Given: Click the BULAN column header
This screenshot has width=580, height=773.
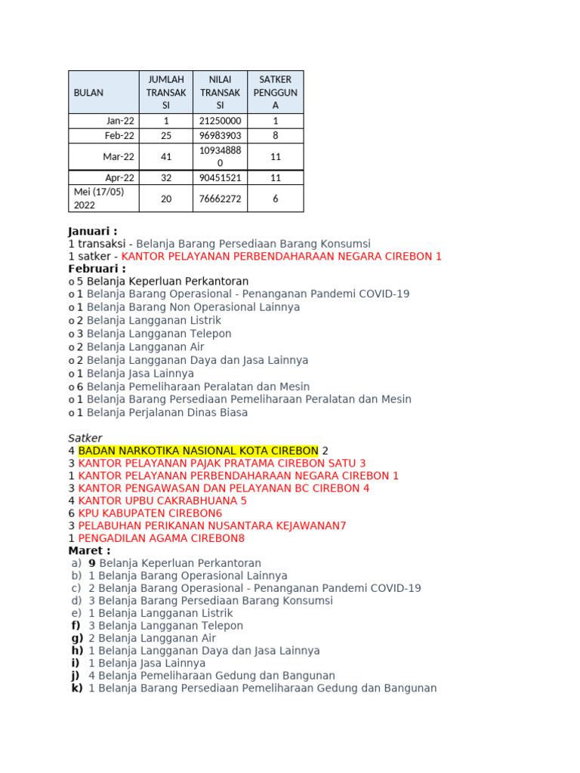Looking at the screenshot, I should [x=88, y=92].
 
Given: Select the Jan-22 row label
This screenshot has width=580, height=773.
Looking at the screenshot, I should [x=120, y=121].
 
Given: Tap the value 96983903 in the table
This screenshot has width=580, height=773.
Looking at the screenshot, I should [x=220, y=136].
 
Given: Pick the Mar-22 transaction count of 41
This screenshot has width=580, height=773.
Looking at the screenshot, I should [x=166, y=157].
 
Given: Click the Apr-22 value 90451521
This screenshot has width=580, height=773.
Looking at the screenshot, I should [x=220, y=178].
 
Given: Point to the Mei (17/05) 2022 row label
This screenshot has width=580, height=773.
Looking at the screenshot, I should [x=99, y=199].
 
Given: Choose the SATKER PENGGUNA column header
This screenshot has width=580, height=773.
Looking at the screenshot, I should [x=276, y=92].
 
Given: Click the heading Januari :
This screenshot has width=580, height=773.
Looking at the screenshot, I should [x=93, y=231].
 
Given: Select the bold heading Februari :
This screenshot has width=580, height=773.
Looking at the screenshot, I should [x=97, y=269].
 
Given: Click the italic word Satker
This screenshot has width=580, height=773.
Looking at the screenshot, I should [x=85, y=438].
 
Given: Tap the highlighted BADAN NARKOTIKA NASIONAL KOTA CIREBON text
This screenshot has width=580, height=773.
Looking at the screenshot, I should [x=198, y=451].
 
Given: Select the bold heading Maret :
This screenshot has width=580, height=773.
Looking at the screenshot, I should [x=89, y=550].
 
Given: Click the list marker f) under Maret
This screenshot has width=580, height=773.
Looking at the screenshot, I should [x=76, y=626].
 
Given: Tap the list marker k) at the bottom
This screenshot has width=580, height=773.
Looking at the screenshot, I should [x=76, y=688].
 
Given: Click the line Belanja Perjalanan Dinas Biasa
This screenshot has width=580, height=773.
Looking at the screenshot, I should [x=167, y=413].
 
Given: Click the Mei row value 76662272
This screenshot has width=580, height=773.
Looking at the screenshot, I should [x=220, y=199].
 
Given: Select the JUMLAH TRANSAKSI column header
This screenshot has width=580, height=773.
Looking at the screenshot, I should [x=166, y=92].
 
